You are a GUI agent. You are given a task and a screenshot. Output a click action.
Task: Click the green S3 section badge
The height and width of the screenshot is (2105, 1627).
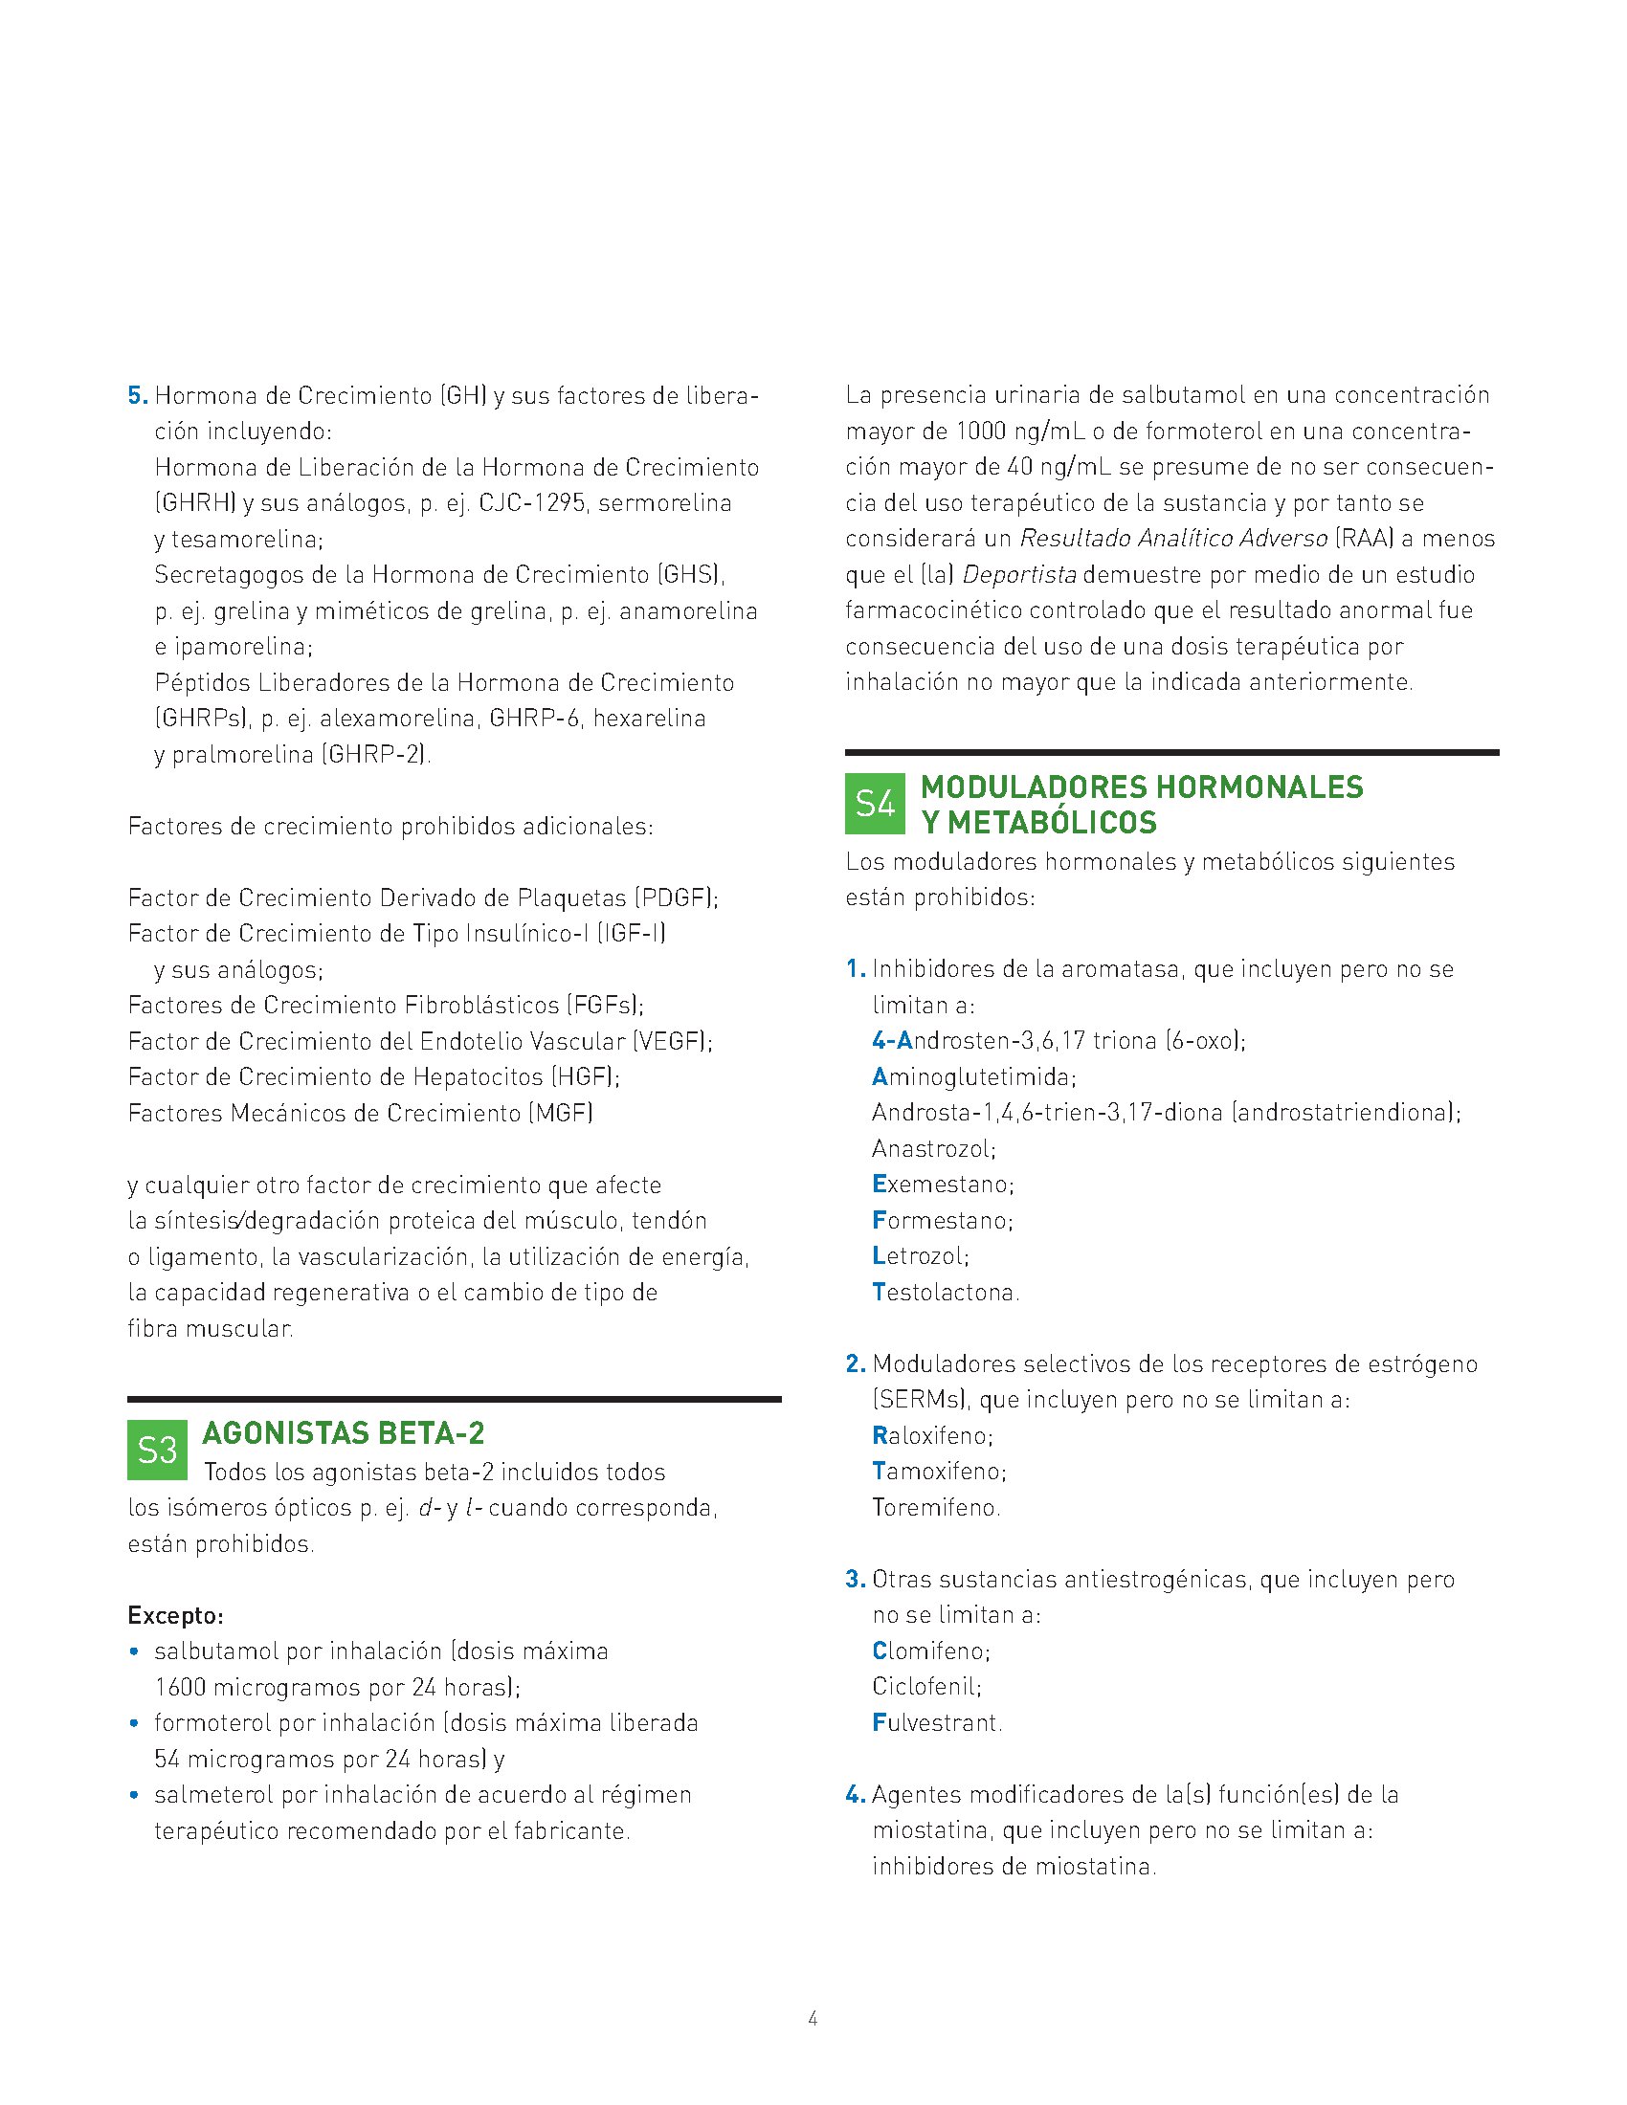[157, 1450]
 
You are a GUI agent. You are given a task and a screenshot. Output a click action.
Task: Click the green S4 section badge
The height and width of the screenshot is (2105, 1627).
[874, 804]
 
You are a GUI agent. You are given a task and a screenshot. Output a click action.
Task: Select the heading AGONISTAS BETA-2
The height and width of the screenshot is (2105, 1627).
[344, 1433]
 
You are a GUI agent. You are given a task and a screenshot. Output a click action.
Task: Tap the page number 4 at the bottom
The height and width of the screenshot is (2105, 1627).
[813, 2017]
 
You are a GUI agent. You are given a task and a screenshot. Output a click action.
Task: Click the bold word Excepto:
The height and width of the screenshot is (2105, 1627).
[175, 1615]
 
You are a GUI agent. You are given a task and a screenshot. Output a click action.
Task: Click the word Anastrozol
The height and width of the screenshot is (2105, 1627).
[932, 1149]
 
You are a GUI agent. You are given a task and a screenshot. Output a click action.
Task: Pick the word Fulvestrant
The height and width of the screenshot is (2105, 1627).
[936, 1722]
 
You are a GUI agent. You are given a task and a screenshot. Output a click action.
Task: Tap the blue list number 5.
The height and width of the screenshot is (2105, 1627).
[137, 396]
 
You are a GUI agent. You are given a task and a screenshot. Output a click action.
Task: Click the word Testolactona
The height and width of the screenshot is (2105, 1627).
[945, 1293]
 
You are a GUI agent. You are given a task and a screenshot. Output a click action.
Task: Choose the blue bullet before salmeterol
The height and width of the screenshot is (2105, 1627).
[134, 1796]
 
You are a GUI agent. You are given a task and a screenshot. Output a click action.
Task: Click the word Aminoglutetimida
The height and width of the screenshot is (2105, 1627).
[973, 1076]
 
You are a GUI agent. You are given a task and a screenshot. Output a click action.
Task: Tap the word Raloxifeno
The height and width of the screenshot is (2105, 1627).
[931, 1436]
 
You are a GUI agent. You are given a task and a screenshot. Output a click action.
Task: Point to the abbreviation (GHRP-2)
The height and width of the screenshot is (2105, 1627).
[376, 754]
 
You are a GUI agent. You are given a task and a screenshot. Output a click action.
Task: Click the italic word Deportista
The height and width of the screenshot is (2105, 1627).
[1019, 575]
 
